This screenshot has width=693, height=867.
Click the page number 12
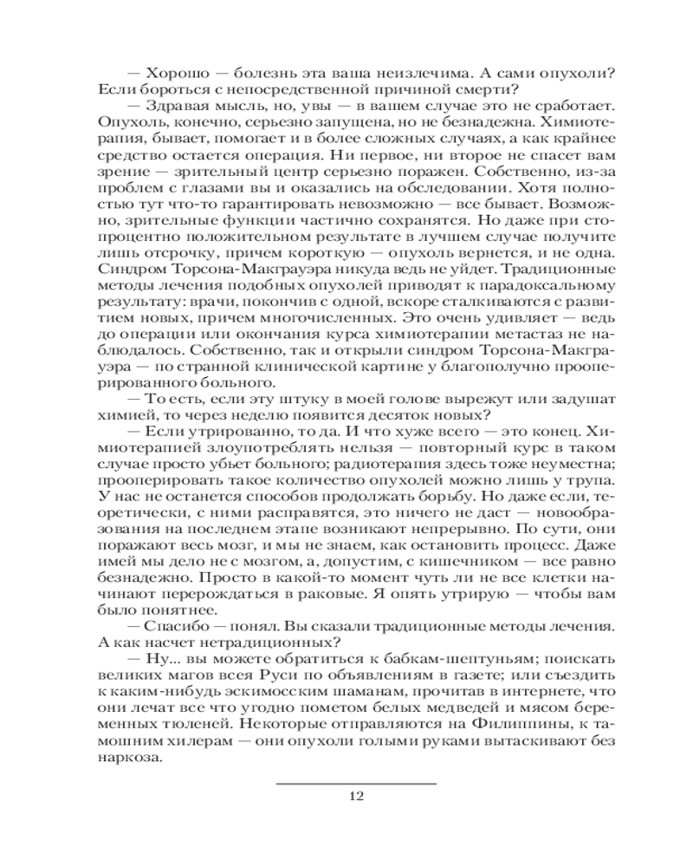pyautogui.click(x=355, y=797)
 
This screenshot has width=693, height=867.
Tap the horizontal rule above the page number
pyautogui.click(x=355, y=783)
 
